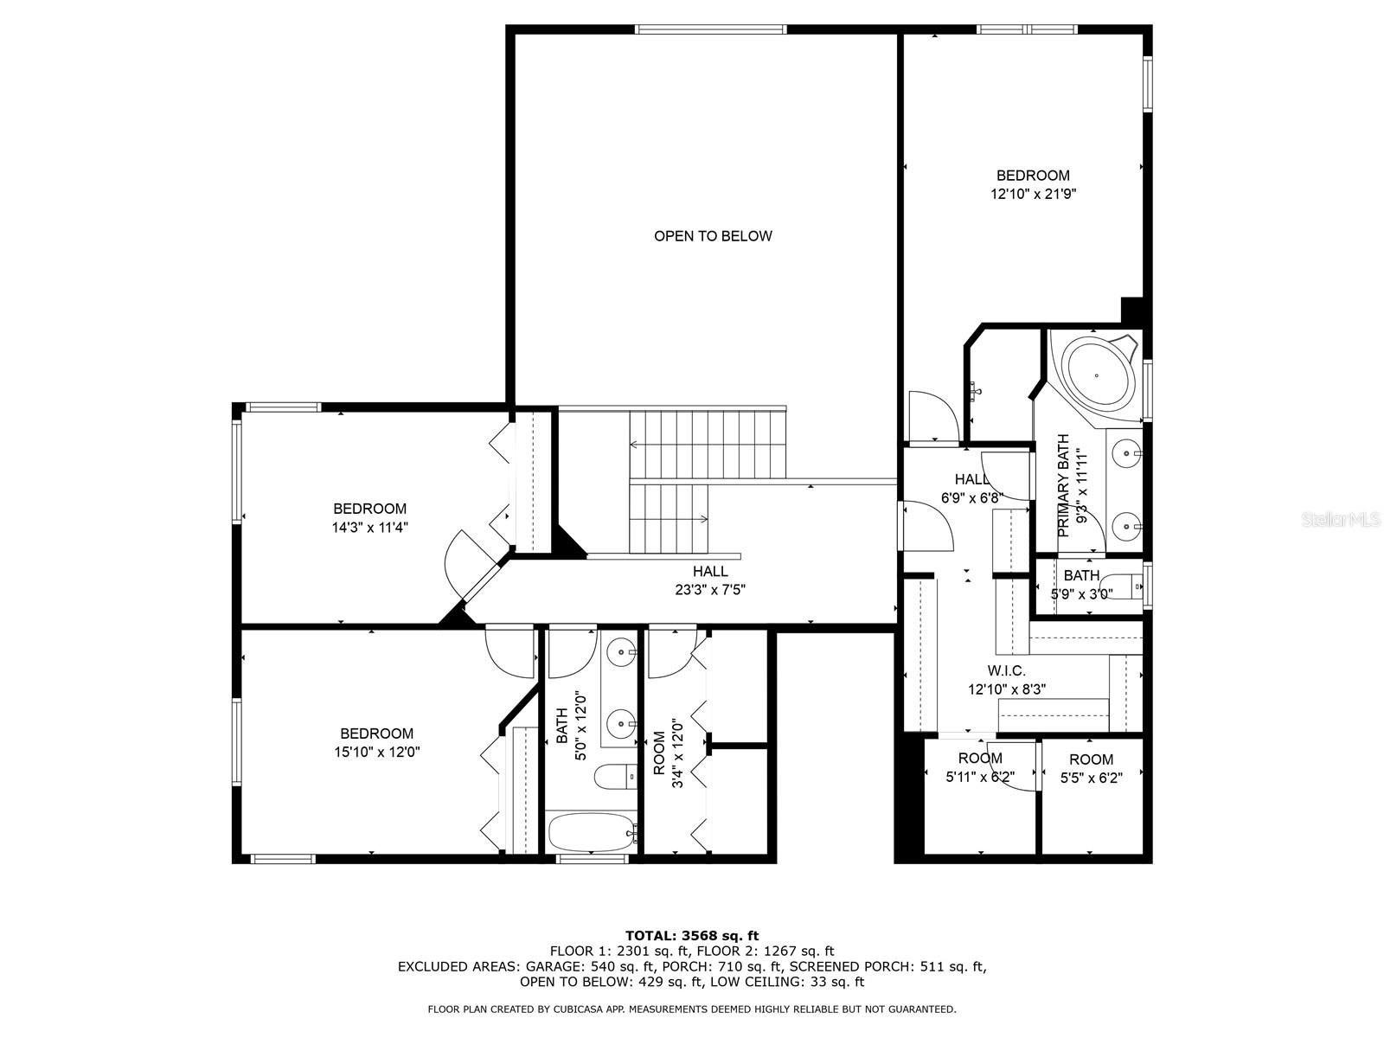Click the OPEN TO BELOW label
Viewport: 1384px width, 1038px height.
[712, 236]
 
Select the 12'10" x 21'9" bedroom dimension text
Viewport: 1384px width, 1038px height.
[1033, 195]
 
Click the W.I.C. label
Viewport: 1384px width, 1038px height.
[1006, 671]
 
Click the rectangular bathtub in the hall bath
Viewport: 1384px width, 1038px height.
[592, 833]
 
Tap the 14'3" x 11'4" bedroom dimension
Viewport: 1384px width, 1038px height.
[370, 528]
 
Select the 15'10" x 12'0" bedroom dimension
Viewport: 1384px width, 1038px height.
[376, 753]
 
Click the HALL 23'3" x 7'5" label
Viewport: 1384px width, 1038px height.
[710, 580]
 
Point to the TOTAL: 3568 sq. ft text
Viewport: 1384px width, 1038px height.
[692, 935]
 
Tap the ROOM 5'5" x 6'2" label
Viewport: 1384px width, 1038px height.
[1091, 768]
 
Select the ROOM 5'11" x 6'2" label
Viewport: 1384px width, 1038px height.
[979, 768]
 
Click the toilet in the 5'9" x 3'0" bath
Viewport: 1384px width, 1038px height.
[1125, 586]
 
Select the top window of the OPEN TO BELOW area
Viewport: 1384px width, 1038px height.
[711, 30]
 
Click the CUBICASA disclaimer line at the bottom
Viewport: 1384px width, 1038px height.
[692, 1009]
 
